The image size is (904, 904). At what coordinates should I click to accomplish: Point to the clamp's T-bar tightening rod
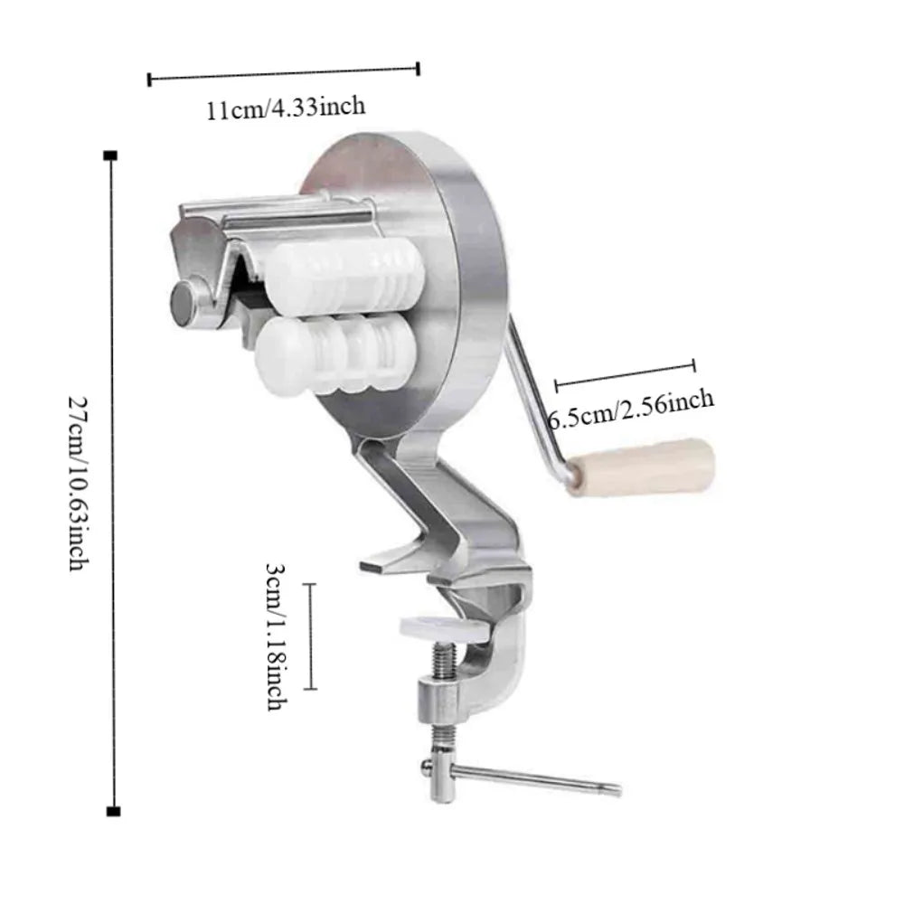pos(533,777)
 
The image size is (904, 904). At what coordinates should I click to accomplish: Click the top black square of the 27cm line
pos(112,156)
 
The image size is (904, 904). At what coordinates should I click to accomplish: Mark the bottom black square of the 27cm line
pos(112,810)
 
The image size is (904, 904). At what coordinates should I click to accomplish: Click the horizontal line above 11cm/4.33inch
pos(284,72)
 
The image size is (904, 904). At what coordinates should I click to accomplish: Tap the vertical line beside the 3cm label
pos(312,636)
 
